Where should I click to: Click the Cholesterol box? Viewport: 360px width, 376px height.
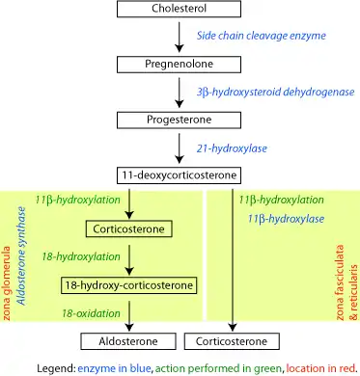point(180,10)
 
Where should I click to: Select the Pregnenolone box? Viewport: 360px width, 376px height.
point(180,66)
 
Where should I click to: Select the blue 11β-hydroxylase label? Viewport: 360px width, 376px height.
point(286,220)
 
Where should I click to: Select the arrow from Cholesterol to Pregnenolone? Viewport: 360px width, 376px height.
point(180,38)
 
